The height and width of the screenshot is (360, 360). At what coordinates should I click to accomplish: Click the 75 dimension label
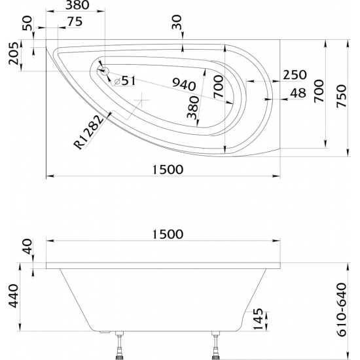(74, 21)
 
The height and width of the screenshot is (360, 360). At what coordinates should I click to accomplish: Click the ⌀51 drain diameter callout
(124, 81)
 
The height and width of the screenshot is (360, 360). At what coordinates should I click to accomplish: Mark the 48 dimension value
(297, 94)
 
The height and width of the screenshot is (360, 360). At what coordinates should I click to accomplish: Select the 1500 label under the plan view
(163, 169)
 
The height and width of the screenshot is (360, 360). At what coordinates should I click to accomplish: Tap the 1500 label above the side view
(163, 234)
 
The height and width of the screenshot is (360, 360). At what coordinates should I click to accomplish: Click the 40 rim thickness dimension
(27, 248)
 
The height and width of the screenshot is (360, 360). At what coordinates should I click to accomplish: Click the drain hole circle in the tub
(103, 71)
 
